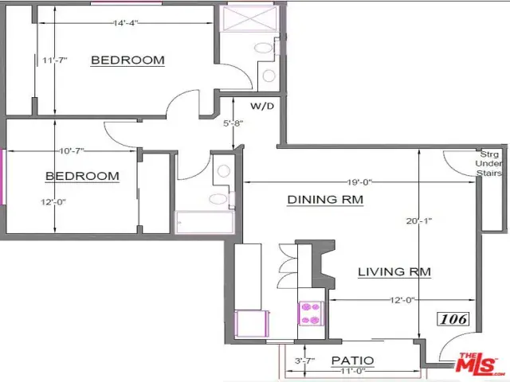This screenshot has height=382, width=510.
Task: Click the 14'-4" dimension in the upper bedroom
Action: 126,23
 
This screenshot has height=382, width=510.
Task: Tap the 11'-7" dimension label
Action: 55,60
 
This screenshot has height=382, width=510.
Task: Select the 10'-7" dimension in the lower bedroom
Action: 72,151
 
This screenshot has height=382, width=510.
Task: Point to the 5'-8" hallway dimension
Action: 233,123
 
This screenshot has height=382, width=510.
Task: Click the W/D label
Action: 262,106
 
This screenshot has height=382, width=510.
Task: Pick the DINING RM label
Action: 325,200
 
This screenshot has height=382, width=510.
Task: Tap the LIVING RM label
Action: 394,271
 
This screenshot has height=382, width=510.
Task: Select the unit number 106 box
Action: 453,319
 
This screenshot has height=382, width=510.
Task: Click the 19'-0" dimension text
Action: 359,182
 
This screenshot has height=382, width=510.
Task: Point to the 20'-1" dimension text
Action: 419,221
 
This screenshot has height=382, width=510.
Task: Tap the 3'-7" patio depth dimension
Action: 304,361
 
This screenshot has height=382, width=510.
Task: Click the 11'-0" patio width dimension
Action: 353,371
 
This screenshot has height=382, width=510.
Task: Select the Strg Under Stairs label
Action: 488,164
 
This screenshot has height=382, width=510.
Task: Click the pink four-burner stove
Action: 310,314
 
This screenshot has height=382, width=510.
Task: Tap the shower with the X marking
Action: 249,18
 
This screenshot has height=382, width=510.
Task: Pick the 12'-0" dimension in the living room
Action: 402,300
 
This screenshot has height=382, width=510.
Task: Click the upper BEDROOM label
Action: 127,60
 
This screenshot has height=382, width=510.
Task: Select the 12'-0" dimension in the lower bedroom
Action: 53,202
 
